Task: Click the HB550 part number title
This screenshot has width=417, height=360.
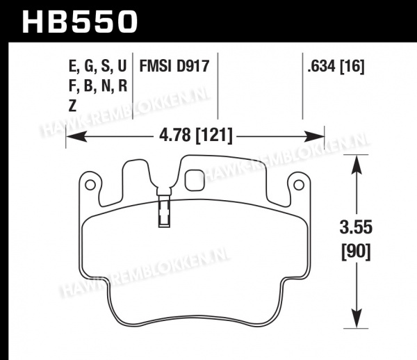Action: (x=80, y=22)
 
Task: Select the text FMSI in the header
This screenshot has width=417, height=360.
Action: (x=155, y=66)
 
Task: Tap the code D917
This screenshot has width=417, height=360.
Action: (x=193, y=66)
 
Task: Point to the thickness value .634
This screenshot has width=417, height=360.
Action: (x=321, y=66)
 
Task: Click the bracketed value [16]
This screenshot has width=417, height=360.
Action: (x=352, y=67)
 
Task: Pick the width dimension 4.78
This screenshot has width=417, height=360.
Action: (x=174, y=135)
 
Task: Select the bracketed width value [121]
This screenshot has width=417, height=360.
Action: (x=214, y=136)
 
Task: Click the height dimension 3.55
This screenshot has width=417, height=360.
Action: (x=356, y=227)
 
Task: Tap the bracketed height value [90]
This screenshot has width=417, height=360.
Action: (x=356, y=252)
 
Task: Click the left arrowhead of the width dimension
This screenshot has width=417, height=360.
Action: (x=76, y=136)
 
